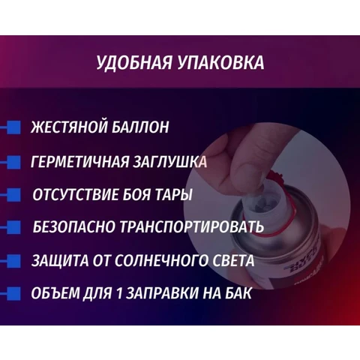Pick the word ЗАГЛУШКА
170,161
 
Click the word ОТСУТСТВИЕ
75,195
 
